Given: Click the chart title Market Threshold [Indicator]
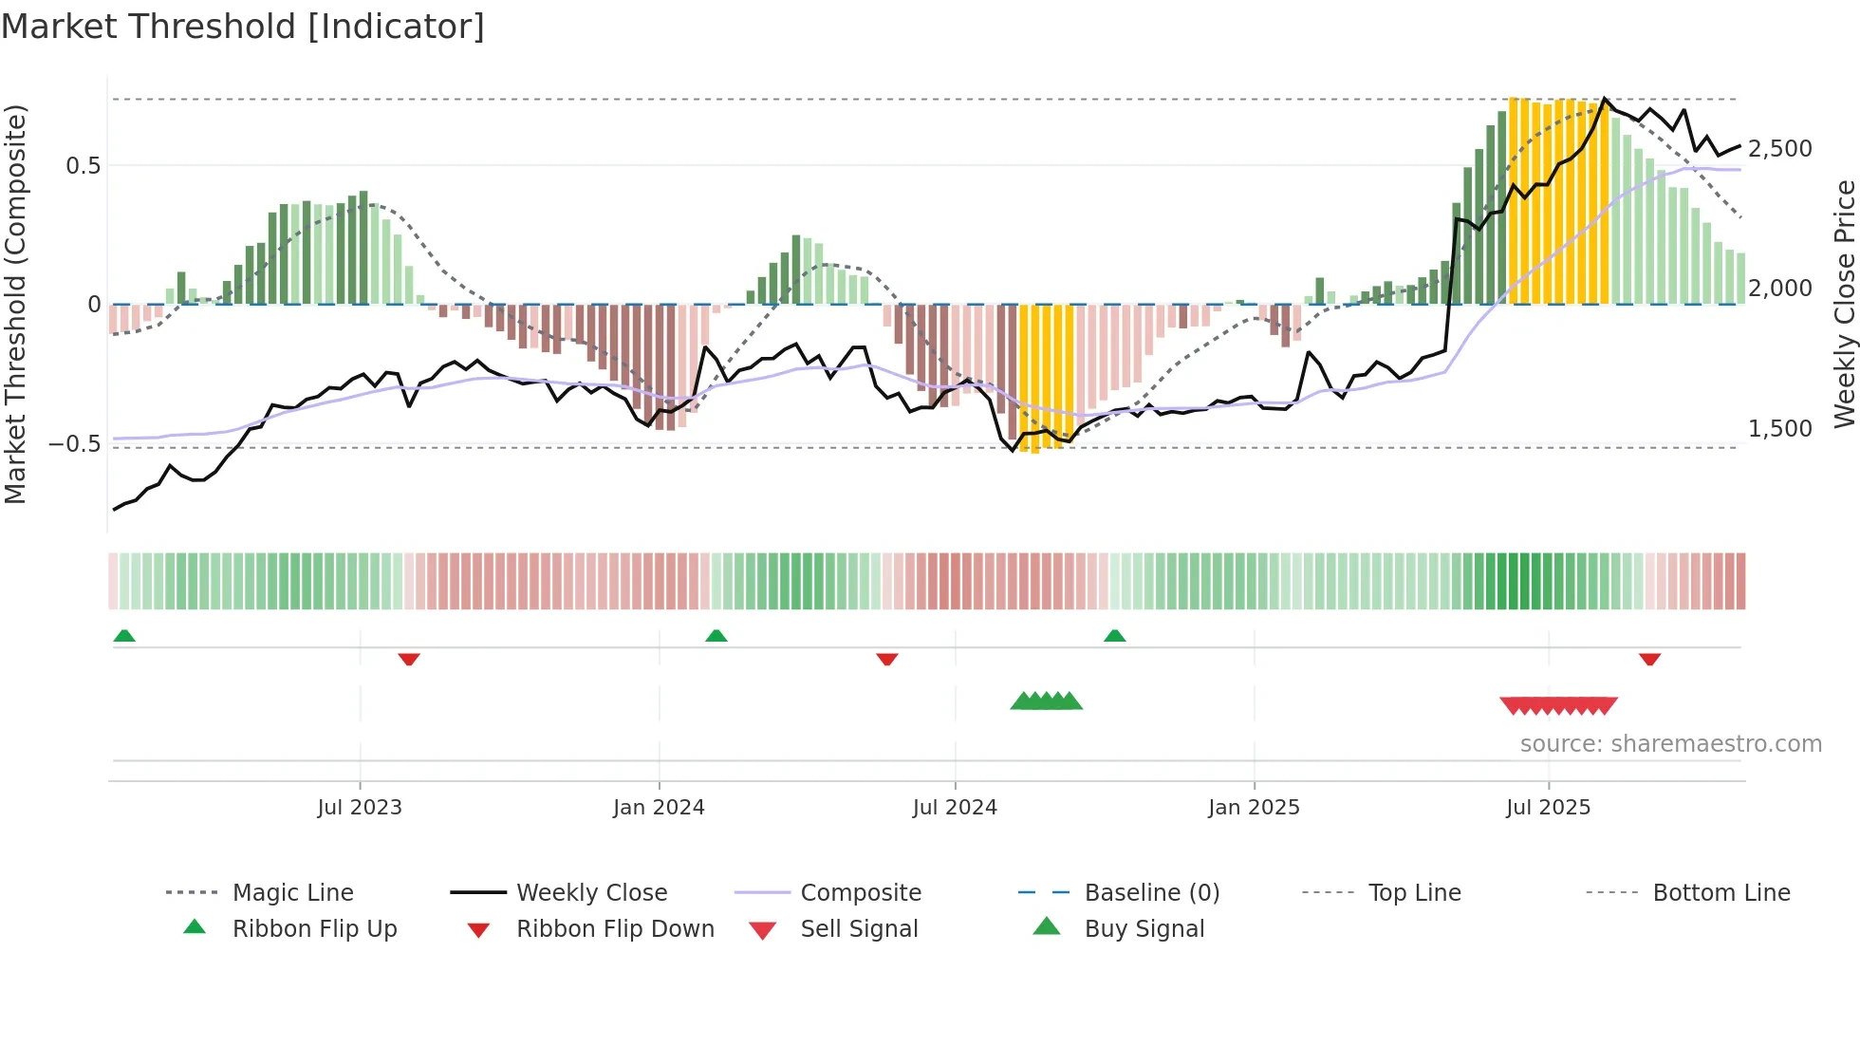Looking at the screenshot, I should pos(243,27).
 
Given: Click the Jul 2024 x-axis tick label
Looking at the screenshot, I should pos(955,807).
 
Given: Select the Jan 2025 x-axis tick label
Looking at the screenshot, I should pos(1254,807).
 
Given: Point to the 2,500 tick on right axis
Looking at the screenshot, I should pos(1779,149).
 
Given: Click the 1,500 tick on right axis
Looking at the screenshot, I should pos(1779,429).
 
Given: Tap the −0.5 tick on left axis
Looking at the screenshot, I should pos(74,443).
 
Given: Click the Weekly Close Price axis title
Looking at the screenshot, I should pos(1844,304).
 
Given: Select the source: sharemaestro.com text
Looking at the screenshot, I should pos(1670,743).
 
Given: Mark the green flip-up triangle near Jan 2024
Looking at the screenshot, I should pos(716,636).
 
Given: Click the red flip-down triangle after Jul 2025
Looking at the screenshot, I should pos(1649,659).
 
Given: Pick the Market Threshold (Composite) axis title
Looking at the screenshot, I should pos(15,304).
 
